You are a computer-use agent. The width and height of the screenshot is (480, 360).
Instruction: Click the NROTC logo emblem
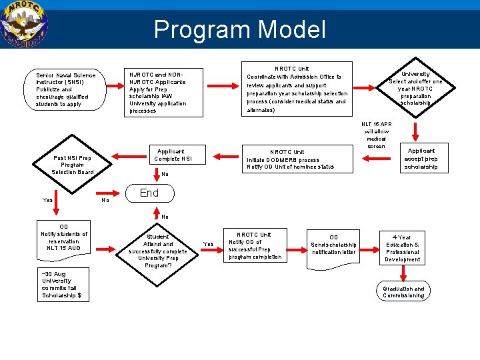pos(24,24)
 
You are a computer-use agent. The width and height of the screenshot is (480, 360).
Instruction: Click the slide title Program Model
pos(239,29)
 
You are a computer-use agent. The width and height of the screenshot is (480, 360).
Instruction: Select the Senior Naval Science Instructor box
pos(65,90)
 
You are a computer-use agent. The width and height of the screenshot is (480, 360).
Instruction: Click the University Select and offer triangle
pos(415,88)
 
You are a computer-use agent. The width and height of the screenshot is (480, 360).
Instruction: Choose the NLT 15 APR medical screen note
pos(376,135)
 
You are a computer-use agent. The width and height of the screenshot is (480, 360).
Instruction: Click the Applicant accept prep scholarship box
pos(421,159)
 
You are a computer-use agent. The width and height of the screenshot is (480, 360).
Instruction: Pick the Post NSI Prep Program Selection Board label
pos(72,165)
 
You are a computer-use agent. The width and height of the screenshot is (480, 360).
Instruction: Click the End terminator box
pos(149,193)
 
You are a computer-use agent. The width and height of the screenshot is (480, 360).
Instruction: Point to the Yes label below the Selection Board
pos(48,200)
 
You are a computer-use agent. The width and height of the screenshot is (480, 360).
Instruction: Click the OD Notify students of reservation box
pos(64,237)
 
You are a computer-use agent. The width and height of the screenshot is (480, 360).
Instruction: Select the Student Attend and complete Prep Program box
pos(158,251)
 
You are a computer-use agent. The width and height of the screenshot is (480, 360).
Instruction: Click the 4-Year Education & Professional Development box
pos(402,248)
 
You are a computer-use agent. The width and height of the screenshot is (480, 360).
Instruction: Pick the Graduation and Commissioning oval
pos(403,292)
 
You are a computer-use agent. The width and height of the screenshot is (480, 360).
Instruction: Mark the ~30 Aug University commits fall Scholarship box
pos(62,285)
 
